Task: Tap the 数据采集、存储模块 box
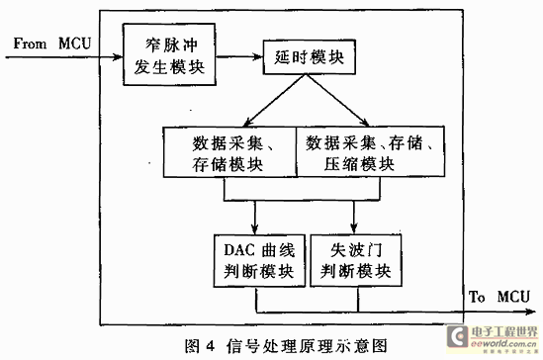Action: [x=227, y=152]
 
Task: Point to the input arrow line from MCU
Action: [x=59, y=56]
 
